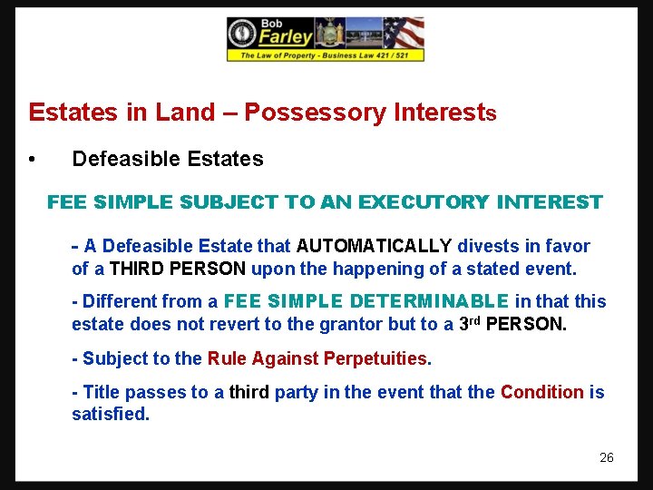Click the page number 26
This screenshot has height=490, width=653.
click(607, 457)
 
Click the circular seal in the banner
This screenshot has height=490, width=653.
click(242, 34)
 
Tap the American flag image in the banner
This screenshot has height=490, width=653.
click(404, 34)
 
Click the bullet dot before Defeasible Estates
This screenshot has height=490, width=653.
click(32, 160)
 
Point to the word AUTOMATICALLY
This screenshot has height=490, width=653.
click(375, 246)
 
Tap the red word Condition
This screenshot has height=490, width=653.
click(542, 392)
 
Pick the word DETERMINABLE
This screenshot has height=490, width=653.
click(430, 301)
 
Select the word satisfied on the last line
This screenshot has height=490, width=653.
click(111, 415)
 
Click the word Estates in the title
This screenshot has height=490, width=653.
click(74, 113)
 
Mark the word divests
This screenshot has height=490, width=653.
click(489, 246)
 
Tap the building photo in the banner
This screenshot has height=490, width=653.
click(364, 34)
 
